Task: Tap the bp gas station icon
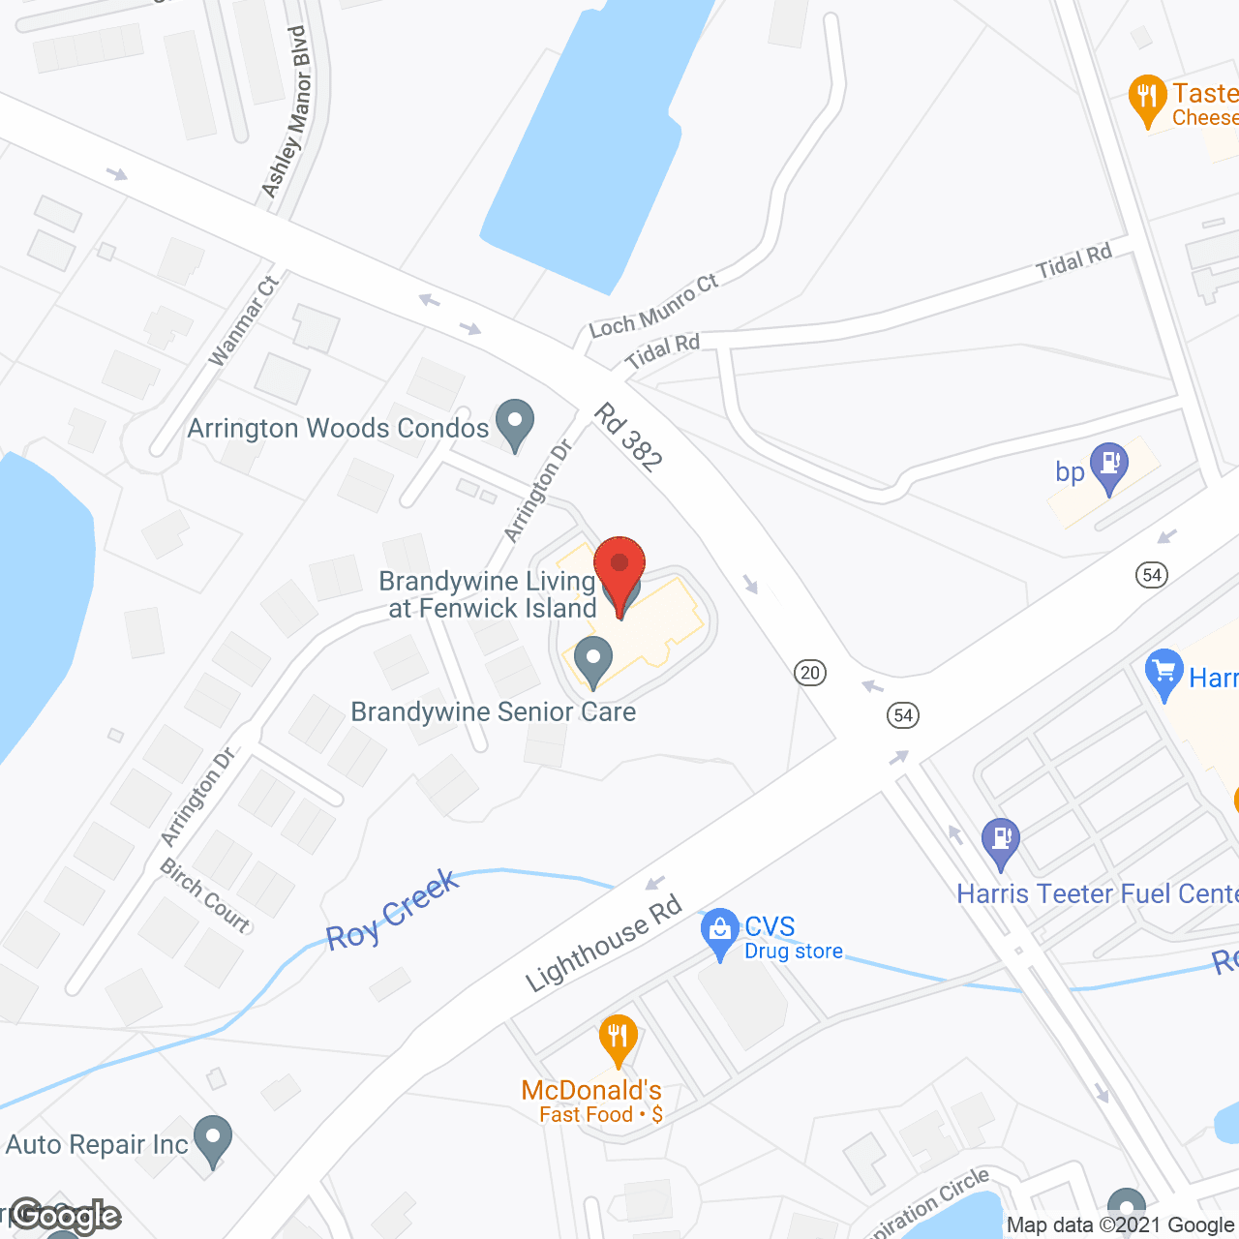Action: (x=1109, y=466)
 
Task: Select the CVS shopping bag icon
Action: (x=720, y=932)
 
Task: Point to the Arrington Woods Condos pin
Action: (x=515, y=423)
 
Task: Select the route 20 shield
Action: (x=810, y=672)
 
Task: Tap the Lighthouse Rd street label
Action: (x=604, y=945)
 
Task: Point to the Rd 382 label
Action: (x=628, y=438)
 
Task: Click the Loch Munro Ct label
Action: (x=653, y=306)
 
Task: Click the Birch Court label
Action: (x=205, y=894)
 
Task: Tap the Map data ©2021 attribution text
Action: (x=1121, y=1225)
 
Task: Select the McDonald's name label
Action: (x=591, y=1091)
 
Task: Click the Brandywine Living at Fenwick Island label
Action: (x=488, y=594)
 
